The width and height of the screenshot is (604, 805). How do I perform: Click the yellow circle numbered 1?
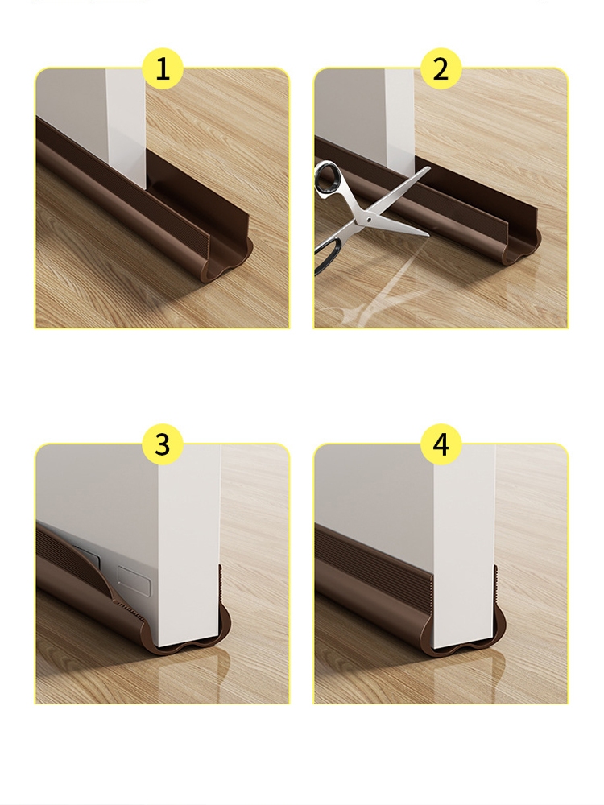(x=163, y=68)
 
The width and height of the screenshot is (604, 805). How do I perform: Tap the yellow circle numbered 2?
(x=441, y=68)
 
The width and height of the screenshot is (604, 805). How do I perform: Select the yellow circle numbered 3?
(x=163, y=444)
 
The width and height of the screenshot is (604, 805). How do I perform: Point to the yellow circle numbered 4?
(x=441, y=444)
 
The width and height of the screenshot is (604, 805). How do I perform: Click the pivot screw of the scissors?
(x=370, y=219)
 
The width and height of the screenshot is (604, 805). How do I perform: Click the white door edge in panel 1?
(x=126, y=123)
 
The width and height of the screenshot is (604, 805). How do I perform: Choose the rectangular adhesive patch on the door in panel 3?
(x=134, y=577)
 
